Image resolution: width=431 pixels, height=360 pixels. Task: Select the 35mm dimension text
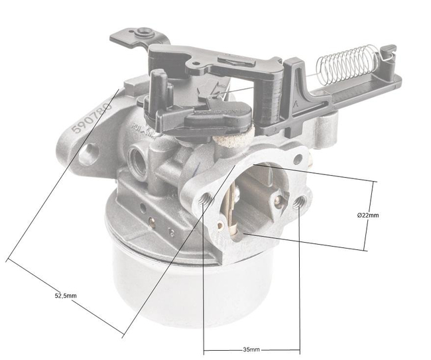click(252, 349)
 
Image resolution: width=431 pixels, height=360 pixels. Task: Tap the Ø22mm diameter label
click(368, 215)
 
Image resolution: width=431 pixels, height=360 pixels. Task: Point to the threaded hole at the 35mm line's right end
click(302, 200)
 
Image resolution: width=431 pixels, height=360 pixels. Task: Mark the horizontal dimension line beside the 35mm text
click(225, 349)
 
